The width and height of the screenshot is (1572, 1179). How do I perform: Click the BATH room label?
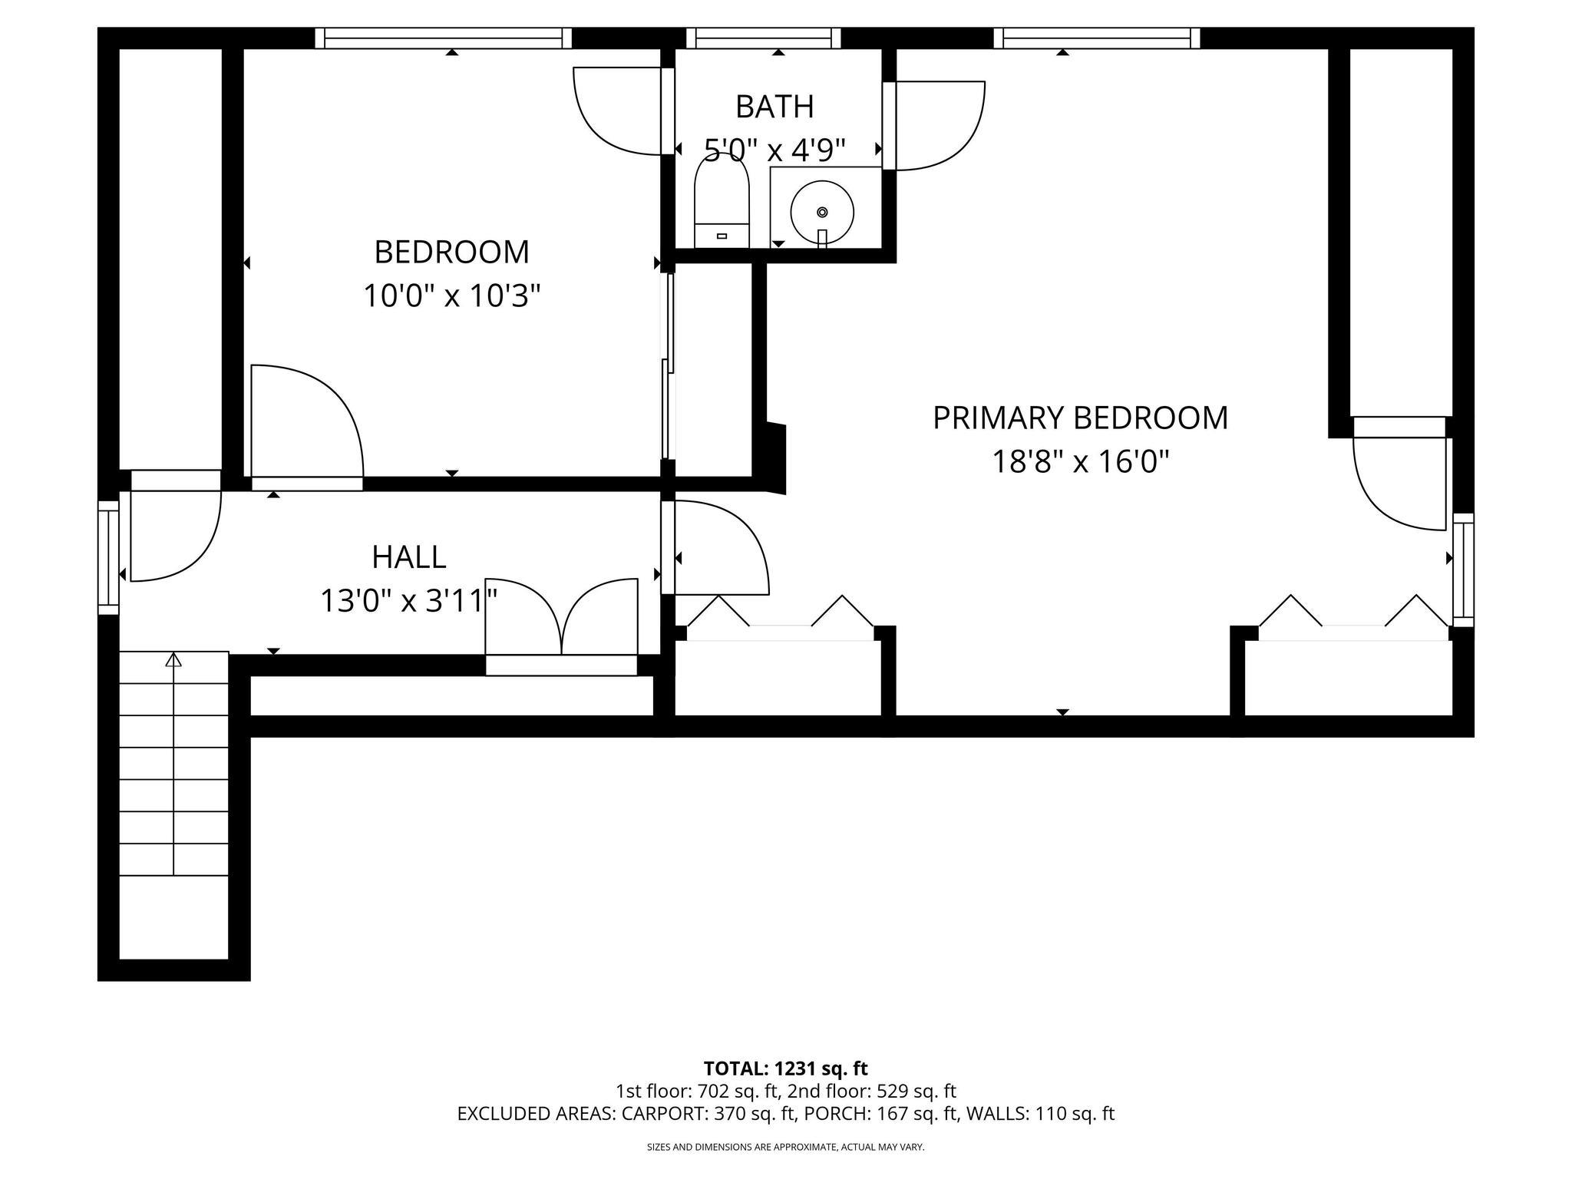pyautogui.click(x=774, y=107)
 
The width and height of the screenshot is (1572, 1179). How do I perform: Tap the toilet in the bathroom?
pyautogui.click(x=721, y=203)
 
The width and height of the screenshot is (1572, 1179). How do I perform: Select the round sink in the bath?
pyautogui.click(x=822, y=212)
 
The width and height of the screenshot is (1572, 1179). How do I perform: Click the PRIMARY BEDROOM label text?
pyautogui.click(x=1080, y=418)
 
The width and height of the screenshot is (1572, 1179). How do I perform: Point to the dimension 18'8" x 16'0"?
pyautogui.click(x=1080, y=462)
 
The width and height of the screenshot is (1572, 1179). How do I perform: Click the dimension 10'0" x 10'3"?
pyautogui.click(x=452, y=296)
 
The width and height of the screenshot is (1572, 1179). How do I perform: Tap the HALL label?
pyautogui.click(x=408, y=557)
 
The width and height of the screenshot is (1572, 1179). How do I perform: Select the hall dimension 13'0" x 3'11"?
pyautogui.click(x=408, y=601)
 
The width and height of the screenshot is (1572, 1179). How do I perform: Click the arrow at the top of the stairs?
pyautogui.click(x=174, y=659)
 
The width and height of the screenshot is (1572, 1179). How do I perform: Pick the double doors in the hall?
pyautogui.click(x=562, y=618)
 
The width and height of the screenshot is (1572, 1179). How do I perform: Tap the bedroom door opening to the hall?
pyautogui.click(x=307, y=422)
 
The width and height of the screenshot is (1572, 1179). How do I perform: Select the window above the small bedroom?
pyautogui.click(x=444, y=38)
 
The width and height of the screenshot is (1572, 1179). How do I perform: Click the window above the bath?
pyautogui.click(x=763, y=38)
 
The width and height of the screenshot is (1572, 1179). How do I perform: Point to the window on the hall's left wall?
pyautogui.click(x=109, y=557)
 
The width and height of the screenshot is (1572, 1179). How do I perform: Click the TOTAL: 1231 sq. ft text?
pyautogui.click(x=785, y=1068)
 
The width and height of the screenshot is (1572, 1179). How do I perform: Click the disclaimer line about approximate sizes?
pyautogui.click(x=785, y=1147)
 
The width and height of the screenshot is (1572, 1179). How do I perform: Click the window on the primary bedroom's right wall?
pyautogui.click(x=1463, y=570)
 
